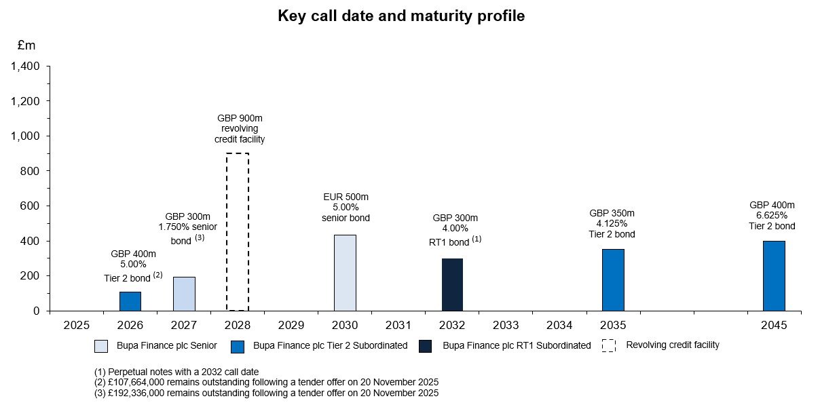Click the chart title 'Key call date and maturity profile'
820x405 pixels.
[x=401, y=16]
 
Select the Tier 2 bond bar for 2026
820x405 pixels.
[x=130, y=301]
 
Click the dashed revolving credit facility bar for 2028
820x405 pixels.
[x=238, y=231]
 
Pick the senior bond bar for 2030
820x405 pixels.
[x=345, y=273]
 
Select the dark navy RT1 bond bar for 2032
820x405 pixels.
[x=452, y=284]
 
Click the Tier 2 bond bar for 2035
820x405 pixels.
[x=613, y=279]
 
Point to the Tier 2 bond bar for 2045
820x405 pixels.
[x=774, y=275]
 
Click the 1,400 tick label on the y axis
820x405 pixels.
[x=25, y=66]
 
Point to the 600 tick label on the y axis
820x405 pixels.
[x=31, y=206]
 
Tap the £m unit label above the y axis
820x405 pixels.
[x=26, y=45]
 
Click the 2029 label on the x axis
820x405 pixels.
[x=291, y=325]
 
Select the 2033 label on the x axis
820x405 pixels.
[x=506, y=325]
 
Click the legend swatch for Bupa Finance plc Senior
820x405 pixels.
[x=101, y=346]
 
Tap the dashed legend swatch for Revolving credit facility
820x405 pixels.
[x=609, y=345]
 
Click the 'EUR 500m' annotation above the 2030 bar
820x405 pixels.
[x=345, y=197]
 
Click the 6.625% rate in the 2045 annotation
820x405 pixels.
[x=772, y=216]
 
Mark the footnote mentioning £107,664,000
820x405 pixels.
[x=266, y=382]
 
